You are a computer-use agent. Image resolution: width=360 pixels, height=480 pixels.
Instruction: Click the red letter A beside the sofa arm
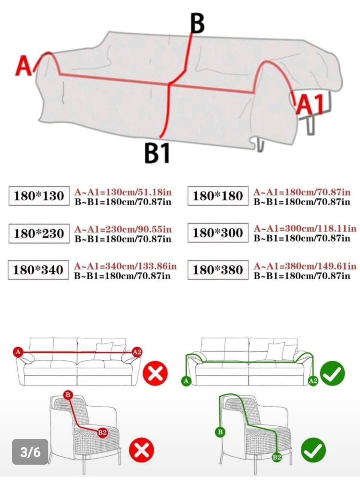coord(23,66)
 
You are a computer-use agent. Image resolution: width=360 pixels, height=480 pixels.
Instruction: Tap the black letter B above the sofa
coord(197,24)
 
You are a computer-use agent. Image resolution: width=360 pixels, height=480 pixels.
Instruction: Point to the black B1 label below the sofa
coord(157,153)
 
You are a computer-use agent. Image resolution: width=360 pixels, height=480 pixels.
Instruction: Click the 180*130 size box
coord(39,196)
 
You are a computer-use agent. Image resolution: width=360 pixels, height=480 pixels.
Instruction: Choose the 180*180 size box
coord(218,196)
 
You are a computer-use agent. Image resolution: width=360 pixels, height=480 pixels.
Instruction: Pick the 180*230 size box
coord(39,233)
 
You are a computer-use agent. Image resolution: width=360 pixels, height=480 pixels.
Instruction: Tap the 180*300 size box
coord(218,233)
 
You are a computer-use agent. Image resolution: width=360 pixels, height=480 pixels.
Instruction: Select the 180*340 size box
coord(39,270)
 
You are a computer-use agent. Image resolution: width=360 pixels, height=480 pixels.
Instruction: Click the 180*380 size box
coord(218,270)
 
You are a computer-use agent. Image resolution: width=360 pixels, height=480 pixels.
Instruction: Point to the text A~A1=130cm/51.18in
coord(123,192)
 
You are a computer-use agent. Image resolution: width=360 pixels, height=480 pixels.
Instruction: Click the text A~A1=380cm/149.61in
coord(305,266)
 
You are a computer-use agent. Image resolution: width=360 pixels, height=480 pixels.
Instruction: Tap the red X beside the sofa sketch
coord(155,373)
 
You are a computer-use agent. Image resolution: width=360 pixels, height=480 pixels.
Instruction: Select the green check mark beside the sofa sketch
coord(333,373)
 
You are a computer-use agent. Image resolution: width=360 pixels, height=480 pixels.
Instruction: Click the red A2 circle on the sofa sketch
coord(137,352)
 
